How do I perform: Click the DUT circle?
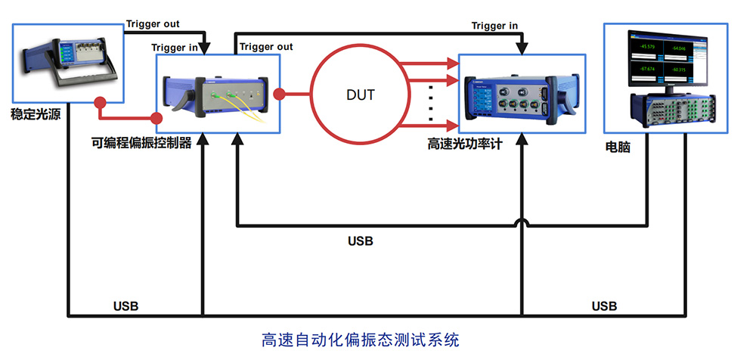[x=360, y=95]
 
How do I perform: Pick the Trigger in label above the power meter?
[x=494, y=26]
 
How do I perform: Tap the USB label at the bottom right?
[x=604, y=306]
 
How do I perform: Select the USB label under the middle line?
[x=360, y=242]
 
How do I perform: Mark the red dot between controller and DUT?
[x=280, y=95]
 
